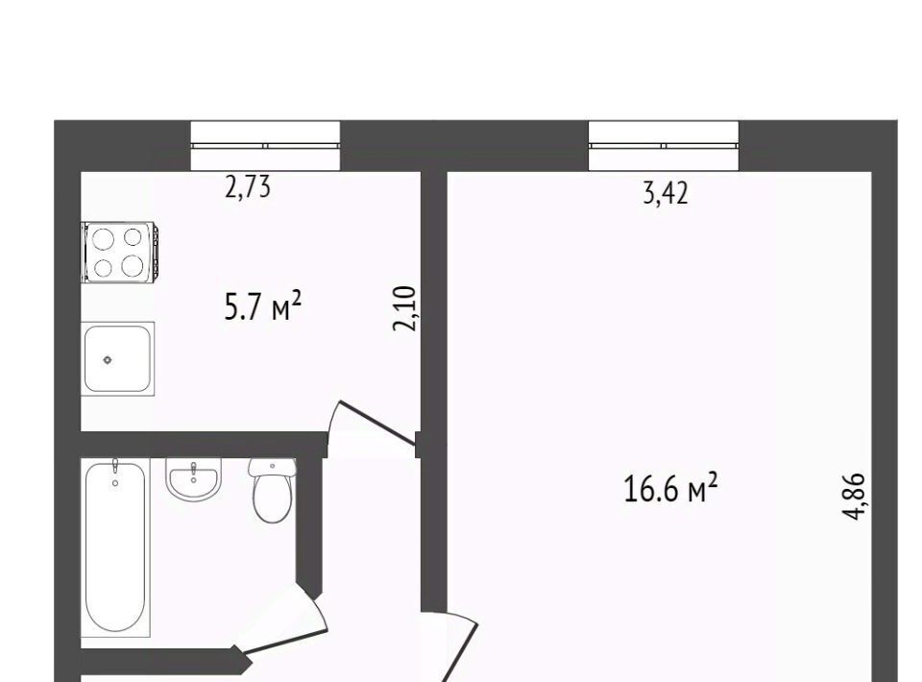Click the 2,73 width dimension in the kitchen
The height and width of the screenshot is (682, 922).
[248, 187]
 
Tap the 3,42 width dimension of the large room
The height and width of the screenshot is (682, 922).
[665, 193]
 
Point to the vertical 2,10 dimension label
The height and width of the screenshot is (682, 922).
[404, 308]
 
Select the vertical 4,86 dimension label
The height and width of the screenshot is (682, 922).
[855, 497]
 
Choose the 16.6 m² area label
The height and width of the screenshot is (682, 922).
[670, 489]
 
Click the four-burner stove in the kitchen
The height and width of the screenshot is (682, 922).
[120, 252]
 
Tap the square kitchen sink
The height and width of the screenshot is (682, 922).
[117, 358]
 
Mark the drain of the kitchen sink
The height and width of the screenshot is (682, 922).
[108, 360]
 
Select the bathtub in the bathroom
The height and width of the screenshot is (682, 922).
[115, 548]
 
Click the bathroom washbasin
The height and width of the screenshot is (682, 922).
[194, 479]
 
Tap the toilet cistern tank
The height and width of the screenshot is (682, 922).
[272, 467]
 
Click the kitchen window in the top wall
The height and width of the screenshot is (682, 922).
[265, 146]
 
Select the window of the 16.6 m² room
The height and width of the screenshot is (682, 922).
[664, 146]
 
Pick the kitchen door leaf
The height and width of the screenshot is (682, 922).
[376, 422]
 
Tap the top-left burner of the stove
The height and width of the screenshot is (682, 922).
[104, 238]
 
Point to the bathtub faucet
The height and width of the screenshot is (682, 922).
[115, 468]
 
